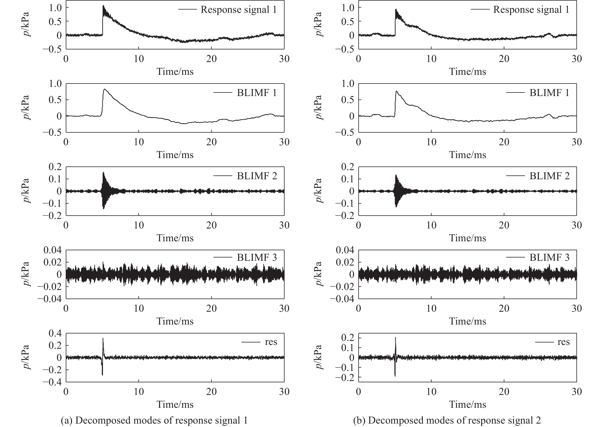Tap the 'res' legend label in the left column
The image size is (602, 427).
[271, 342]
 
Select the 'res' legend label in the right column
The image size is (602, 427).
[563, 342]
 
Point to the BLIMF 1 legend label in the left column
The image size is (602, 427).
[257, 93]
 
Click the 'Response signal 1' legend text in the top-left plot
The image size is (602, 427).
[239, 10]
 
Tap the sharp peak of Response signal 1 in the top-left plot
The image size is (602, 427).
[103, 6]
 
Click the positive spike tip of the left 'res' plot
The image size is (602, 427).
[103, 338]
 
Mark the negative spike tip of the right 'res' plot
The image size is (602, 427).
[395, 376]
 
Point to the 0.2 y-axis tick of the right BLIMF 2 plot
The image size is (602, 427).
[347, 167]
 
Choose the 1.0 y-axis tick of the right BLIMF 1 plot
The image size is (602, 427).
[347, 84]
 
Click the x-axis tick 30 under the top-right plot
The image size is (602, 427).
[576, 59]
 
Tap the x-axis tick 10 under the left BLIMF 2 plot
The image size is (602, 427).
[139, 225]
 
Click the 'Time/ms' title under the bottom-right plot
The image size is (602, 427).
[467, 404]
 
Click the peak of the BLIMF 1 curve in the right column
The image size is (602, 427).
[396, 91]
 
